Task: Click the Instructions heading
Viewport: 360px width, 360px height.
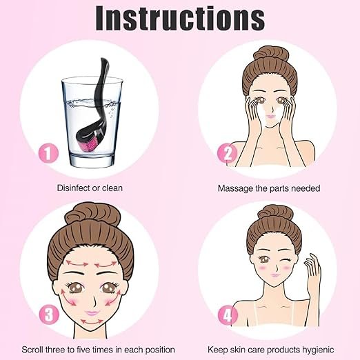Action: pyautogui.click(x=180, y=18)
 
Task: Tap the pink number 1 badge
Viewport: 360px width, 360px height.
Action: pyautogui.click(x=48, y=153)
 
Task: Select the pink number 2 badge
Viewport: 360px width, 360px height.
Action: pyautogui.click(x=228, y=153)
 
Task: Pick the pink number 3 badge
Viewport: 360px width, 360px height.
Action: pyautogui.click(x=49, y=314)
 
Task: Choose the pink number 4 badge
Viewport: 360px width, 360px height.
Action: pyautogui.click(x=228, y=315)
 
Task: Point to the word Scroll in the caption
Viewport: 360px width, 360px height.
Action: pyautogui.click(x=32, y=350)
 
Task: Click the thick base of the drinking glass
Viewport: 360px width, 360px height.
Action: pyautogui.click(x=92, y=161)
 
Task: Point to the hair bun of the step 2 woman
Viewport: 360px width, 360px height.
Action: pyautogui.click(x=270, y=54)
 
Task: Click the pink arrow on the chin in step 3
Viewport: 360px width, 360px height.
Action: pyautogui.click(x=92, y=322)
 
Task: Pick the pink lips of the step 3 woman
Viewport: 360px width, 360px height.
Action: pyautogui.click(x=92, y=313)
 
